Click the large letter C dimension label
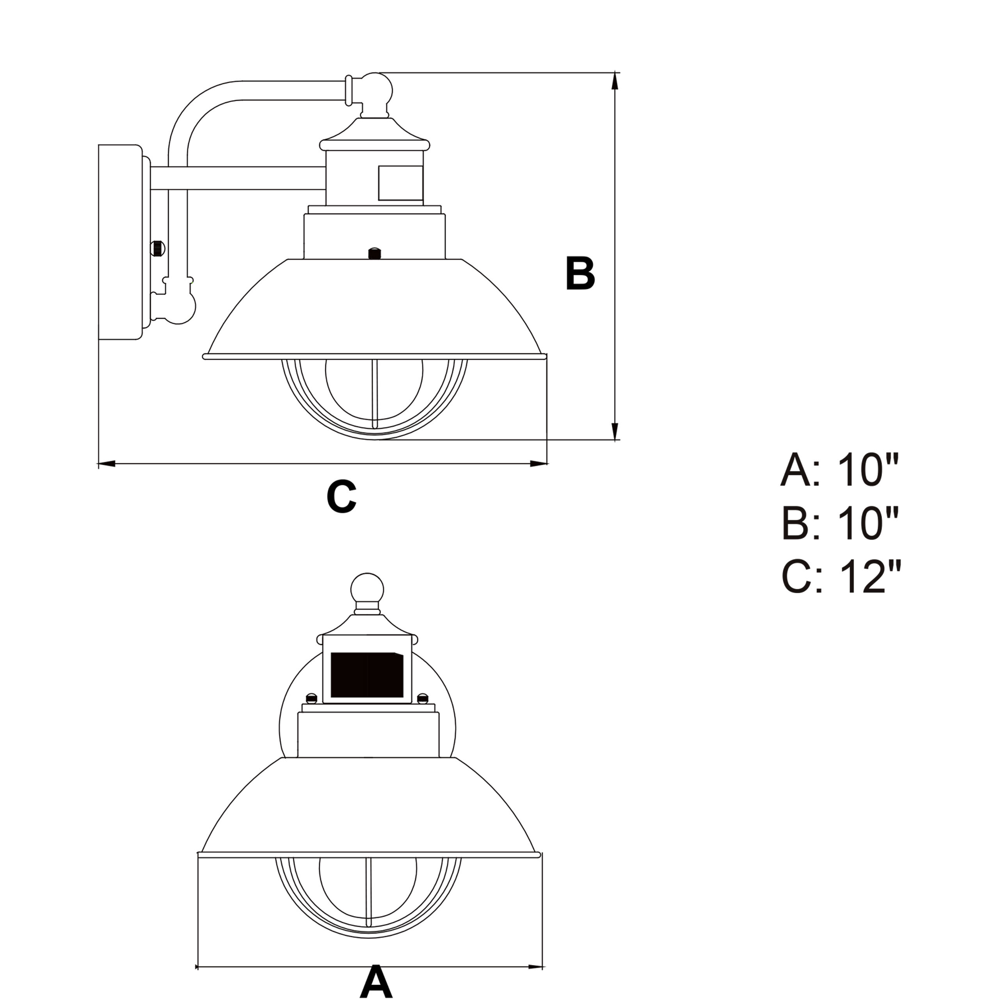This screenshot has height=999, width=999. coord(341,496)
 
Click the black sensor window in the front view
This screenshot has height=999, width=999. coord(366,675)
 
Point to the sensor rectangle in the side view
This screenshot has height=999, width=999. coord(400,183)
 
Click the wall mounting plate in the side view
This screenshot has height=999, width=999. coord(119,242)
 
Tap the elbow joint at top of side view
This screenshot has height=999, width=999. coord(376,91)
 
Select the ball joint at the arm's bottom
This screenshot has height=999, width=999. coord(180,309)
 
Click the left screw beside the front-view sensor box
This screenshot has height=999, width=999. coord(312,699)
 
